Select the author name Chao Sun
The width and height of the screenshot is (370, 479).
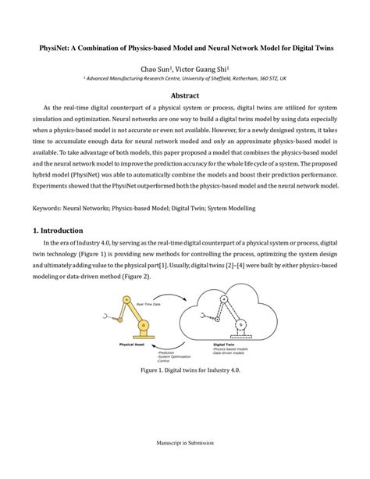click(155, 69)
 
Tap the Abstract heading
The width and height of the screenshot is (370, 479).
click(185, 97)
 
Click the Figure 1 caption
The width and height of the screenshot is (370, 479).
click(185, 370)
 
